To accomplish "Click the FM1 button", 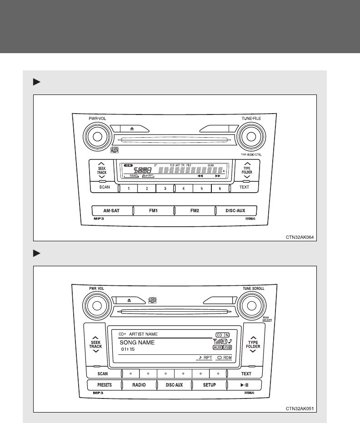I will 154,211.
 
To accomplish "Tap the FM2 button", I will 195,211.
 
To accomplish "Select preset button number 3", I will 165,188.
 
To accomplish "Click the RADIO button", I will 139,385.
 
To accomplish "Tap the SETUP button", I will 209,385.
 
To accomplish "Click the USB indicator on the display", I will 227,347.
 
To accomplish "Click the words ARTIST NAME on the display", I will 145,334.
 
